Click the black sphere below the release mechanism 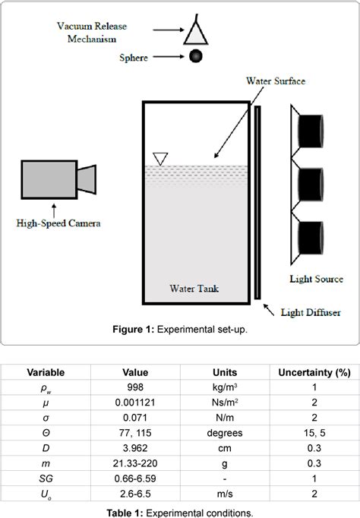(x=195, y=55)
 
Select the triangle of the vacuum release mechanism (x=196, y=33)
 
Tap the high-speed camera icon (x=58, y=179)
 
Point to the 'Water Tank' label (x=194, y=289)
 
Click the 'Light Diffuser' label (x=311, y=311)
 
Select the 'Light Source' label (x=315, y=279)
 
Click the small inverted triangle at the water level (x=159, y=158)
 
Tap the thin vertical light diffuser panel (x=259, y=204)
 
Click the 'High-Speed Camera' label (x=58, y=223)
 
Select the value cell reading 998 (x=135, y=388)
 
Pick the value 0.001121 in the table (x=135, y=403)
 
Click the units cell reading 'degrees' (x=225, y=433)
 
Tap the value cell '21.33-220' (x=135, y=463)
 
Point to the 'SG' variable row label (x=46, y=478)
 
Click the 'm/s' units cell (x=225, y=493)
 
